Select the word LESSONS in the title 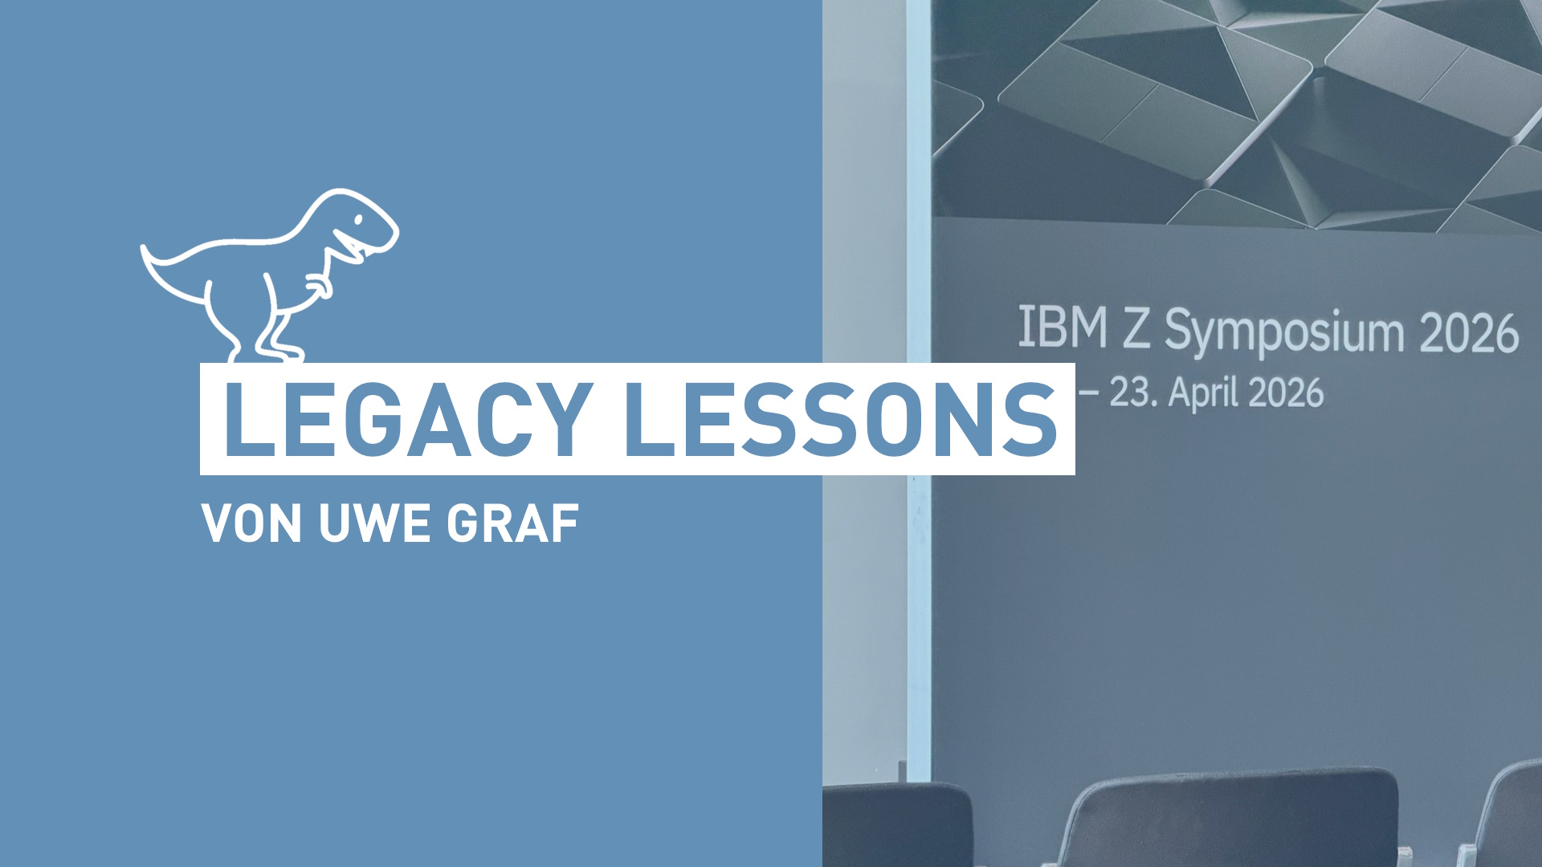(840, 419)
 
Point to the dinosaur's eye (359, 219)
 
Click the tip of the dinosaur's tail (144, 248)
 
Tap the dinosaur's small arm (319, 284)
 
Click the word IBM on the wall (1063, 327)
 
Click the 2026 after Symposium (1469, 333)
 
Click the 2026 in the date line (1286, 393)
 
